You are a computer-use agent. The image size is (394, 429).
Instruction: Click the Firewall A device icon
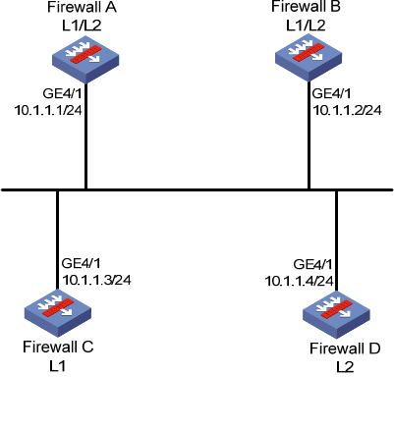click(85, 62)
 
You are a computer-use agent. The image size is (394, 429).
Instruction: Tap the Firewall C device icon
click(58, 313)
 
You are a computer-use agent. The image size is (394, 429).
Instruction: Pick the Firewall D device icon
click(336, 315)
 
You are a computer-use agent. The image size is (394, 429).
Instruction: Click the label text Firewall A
click(82, 7)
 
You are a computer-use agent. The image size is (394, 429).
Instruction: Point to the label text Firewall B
click(306, 7)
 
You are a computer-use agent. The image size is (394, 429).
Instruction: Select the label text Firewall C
click(58, 347)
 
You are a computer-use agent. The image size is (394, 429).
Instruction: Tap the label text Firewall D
click(345, 349)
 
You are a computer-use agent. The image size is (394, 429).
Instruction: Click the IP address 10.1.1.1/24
click(48, 110)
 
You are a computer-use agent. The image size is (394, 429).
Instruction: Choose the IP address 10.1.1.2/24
click(348, 110)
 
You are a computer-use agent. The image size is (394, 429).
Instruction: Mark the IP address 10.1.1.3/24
click(96, 280)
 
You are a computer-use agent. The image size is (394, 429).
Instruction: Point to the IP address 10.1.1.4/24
click(299, 281)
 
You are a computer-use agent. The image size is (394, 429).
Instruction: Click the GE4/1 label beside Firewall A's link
click(62, 93)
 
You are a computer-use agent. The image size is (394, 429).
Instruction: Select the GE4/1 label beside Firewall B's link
click(332, 93)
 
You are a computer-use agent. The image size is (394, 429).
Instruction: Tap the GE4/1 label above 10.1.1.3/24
click(82, 263)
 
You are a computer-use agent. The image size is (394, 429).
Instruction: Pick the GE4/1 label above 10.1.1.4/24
click(312, 264)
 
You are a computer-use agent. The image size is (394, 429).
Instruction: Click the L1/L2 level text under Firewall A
click(82, 26)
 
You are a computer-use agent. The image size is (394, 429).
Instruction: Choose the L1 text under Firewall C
click(58, 366)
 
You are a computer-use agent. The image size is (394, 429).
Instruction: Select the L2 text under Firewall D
click(345, 367)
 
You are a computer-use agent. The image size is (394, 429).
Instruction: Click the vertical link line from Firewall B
click(309, 135)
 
